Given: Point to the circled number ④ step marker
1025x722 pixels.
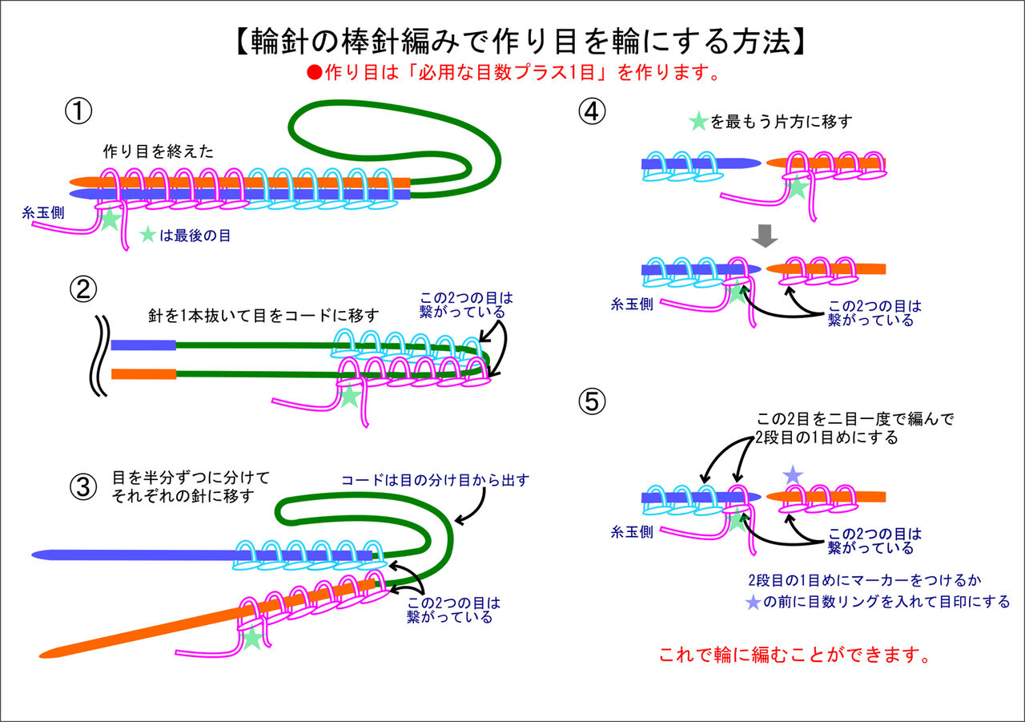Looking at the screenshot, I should pos(593,111).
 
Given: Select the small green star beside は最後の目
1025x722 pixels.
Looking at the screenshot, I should pos(148,236).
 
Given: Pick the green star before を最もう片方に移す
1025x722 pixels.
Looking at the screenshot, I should pos(698,122).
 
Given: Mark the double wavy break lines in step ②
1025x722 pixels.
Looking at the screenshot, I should pos(100,356).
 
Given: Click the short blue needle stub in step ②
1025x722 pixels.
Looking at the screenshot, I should pos(143,345).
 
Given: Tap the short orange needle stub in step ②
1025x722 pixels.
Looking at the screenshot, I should pos(143,373).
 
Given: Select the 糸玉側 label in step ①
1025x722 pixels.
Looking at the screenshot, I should pos(45,212).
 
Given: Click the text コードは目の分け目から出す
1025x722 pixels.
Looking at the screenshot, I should pos(435,480).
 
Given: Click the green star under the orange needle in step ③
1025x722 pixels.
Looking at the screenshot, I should pos(252,638).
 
